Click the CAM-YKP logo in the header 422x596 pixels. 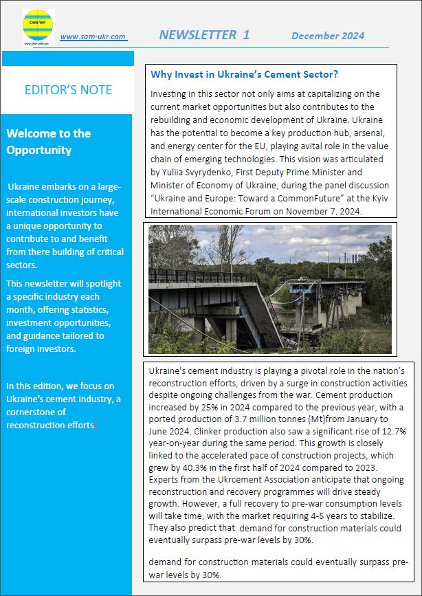pyautogui.click(x=38, y=27)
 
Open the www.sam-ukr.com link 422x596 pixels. pyautogui.click(x=93, y=37)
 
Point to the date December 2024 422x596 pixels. pyautogui.click(x=327, y=36)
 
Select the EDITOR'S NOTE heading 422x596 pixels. pyautogui.click(x=67, y=90)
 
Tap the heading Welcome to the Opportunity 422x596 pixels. pyautogui.click(x=48, y=142)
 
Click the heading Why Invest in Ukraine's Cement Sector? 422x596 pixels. pyautogui.click(x=245, y=74)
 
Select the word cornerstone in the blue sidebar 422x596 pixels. pyautogui.click(x=32, y=412)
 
